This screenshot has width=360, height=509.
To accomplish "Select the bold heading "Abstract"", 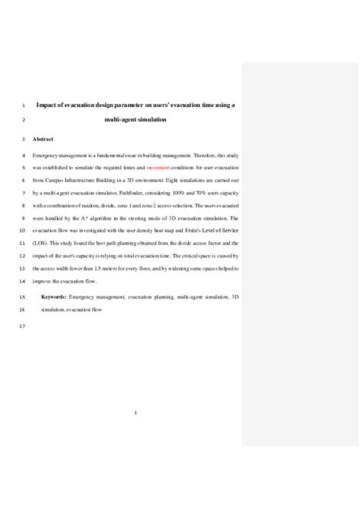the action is [x=44, y=140].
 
